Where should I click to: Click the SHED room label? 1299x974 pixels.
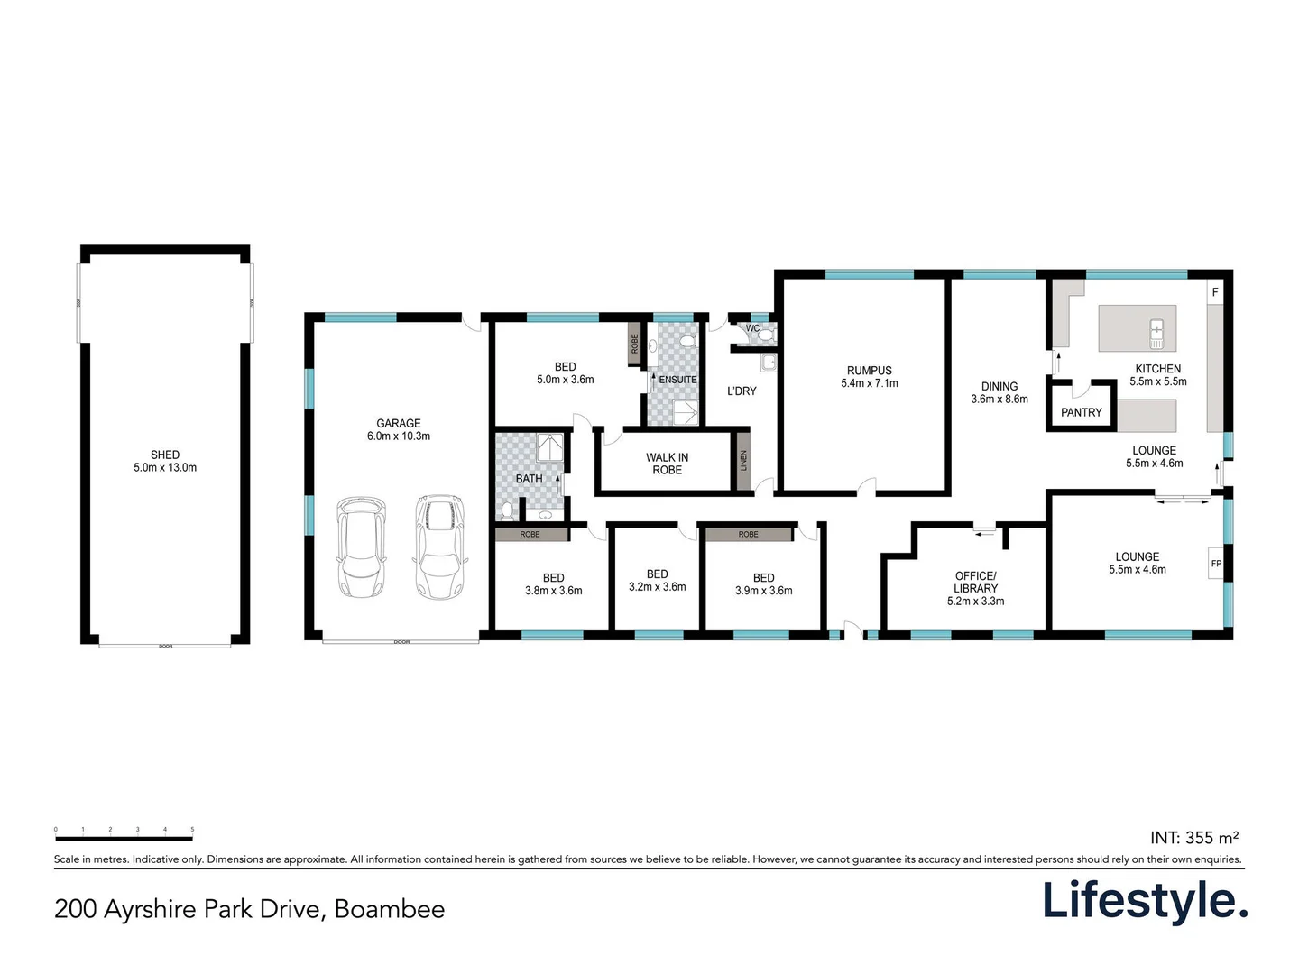(x=165, y=461)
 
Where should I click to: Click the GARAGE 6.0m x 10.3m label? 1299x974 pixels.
(x=398, y=429)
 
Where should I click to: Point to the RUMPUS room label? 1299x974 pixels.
(x=869, y=377)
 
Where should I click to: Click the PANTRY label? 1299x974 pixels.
(x=1081, y=412)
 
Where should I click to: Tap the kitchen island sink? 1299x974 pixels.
(x=1156, y=333)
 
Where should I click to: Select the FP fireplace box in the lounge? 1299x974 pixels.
(x=1215, y=564)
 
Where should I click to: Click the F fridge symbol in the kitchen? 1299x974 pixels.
(x=1214, y=292)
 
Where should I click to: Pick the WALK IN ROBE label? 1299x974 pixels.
(x=667, y=464)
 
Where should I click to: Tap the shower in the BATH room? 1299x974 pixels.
(x=549, y=448)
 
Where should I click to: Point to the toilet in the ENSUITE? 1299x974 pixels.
(x=688, y=341)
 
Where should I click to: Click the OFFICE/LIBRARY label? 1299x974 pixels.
(x=975, y=588)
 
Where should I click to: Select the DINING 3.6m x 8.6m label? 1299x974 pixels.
(x=999, y=392)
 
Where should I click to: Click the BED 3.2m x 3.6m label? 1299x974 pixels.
(x=657, y=580)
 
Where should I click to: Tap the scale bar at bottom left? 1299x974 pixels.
(x=124, y=837)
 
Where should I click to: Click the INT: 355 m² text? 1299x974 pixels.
(x=1193, y=838)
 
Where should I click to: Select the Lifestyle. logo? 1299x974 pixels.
(x=1145, y=901)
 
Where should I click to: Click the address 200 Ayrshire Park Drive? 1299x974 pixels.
(x=249, y=908)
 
